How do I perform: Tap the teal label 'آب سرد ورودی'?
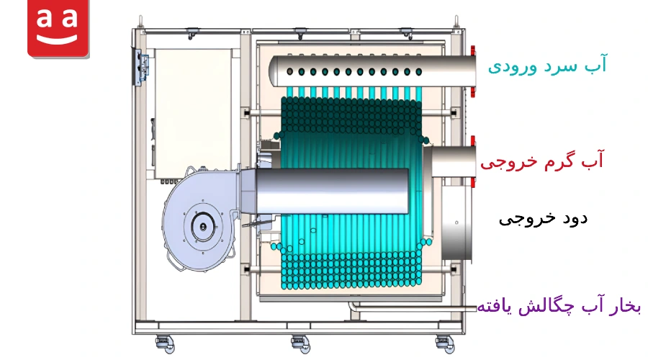pyautogui.click(x=547, y=65)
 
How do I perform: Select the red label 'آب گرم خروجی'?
pyautogui.click(x=541, y=161)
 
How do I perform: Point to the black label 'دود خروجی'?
pyautogui.click(x=543, y=218)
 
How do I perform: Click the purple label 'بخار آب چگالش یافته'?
pyautogui.click(x=559, y=306)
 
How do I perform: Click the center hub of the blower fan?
pyautogui.click(x=203, y=227)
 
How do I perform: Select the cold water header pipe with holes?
pyautogui.click(x=372, y=71)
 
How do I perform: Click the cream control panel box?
pyautogui.click(x=194, y=114)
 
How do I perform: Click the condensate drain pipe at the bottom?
pyautogui.click(x=413, y=307)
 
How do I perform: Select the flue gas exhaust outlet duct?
pyautogui.click(x=457, y=222)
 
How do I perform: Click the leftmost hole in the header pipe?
pyautogui.click(x=289, y=71)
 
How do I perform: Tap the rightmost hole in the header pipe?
pyautogui.click(x=418, y=72)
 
